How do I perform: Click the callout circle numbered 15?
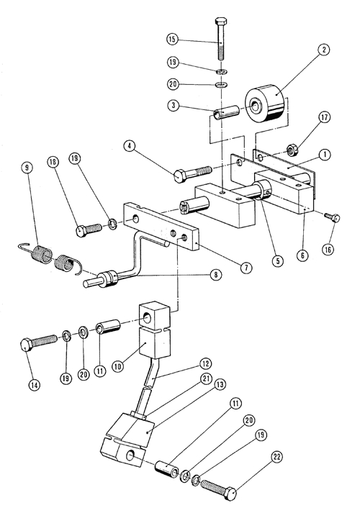pos(172,40)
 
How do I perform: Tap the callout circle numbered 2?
pos(323,50)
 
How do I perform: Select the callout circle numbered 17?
pos(324,117)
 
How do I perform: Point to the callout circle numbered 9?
pos(27,168)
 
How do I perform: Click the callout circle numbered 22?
pos(277,458)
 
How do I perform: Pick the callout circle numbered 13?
pos(220,384)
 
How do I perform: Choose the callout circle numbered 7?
pos(246,268)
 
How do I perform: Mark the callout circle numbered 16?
pos(328,250)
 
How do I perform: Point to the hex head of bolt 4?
pos(179,176)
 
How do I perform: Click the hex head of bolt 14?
pos(26,345)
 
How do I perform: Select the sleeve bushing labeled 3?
pos(226,114)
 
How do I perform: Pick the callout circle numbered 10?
pos(118,366)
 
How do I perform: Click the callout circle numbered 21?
pos(206,379)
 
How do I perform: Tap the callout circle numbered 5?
pos(278,260)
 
